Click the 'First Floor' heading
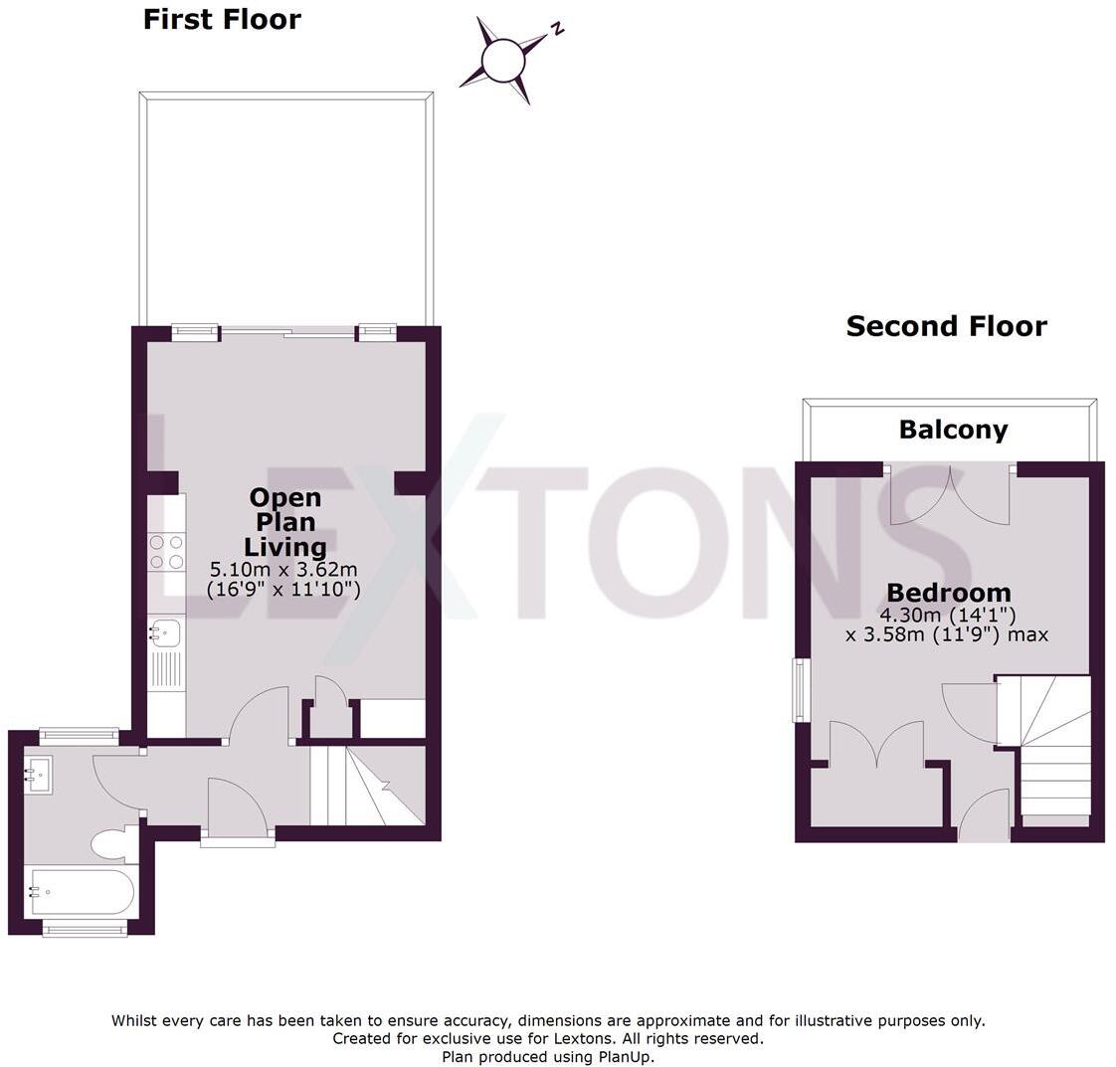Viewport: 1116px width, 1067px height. [x=222, y=20]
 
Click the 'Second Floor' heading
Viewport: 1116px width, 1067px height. [x=946, y=326]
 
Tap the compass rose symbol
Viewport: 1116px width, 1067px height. [x=503, y=61]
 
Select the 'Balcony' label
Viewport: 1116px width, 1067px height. [x=953, y=430]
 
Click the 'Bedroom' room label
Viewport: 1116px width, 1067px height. [x=949, y=593]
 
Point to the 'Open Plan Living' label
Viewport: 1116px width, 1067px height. [x=285, y=522]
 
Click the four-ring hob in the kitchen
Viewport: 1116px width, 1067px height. [x=166, y=552]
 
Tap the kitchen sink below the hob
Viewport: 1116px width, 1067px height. [x=165, y=630]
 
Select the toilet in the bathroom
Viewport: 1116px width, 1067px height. [x=114, y=845]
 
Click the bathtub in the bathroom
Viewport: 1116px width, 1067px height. [x=83, y=892]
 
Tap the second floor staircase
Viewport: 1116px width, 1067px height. [x=1049, y=746]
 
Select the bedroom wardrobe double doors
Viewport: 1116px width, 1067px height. [x=876, y=746]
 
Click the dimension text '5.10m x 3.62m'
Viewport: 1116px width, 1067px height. [x=283, y=570]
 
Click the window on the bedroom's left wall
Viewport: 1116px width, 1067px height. [x=800, y=689]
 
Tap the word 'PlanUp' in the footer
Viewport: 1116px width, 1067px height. [x=625, y=1057]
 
